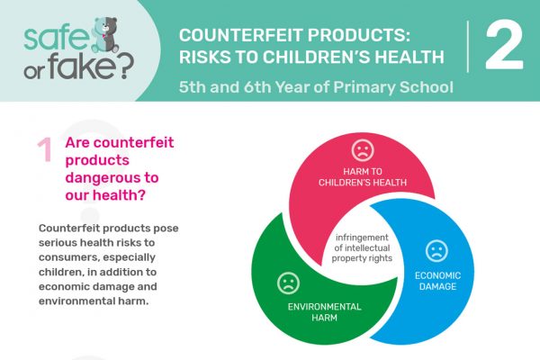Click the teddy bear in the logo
pos(104,34)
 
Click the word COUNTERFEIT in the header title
pos(240,35)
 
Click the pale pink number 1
pos(45,149)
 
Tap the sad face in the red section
pos(363,150)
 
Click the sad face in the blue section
pos(436,251)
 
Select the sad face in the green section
pos(288,283)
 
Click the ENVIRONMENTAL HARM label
pos(324,311)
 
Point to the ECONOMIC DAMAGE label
pos(437,281)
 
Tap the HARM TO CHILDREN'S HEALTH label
pos(363,176)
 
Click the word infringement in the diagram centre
pos(362,238)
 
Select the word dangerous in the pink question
pos(112,178)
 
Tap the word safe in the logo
pos(57,37)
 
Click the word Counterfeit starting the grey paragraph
pos(70,228)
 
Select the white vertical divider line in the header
pos(468,47)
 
